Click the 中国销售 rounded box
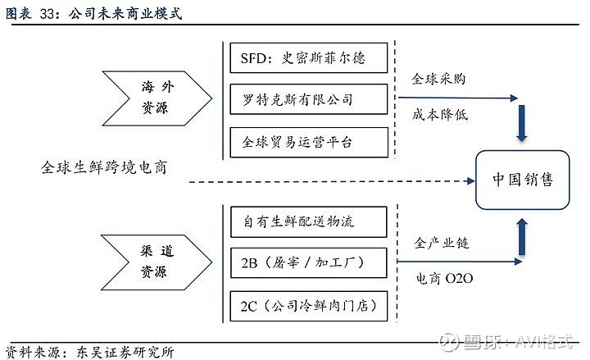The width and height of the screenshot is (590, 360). pyautogui.click(x=522, y=179)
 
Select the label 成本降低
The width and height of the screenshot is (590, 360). pyautogui.click(x=439, y=116)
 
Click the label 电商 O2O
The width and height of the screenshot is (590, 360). pyautogui.click(x=443, y=280)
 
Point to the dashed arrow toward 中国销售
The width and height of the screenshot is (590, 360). pyautogui.click(x=328, y=180)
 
